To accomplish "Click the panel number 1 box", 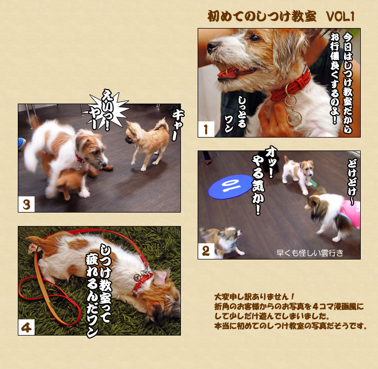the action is pos(206,129).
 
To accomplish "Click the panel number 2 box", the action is pos(206,251).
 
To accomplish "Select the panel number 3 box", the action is pos(26,204).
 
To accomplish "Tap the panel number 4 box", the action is pos(26,327).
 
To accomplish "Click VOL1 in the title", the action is pos(340,17).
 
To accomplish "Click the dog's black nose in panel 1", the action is pos(212,47).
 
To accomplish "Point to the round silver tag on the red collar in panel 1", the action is pos(294,118).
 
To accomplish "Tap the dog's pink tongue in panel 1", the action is pos(228,72).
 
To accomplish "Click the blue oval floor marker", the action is pos(231,187).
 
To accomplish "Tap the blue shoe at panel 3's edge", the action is pos(22,143).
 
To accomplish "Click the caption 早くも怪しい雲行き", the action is pos(309,252).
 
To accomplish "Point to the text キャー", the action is pos(178,125).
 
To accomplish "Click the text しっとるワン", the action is pos(235,114).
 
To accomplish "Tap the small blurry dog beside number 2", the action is pos(222,241).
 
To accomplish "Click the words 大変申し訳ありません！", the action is pos(254,296).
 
